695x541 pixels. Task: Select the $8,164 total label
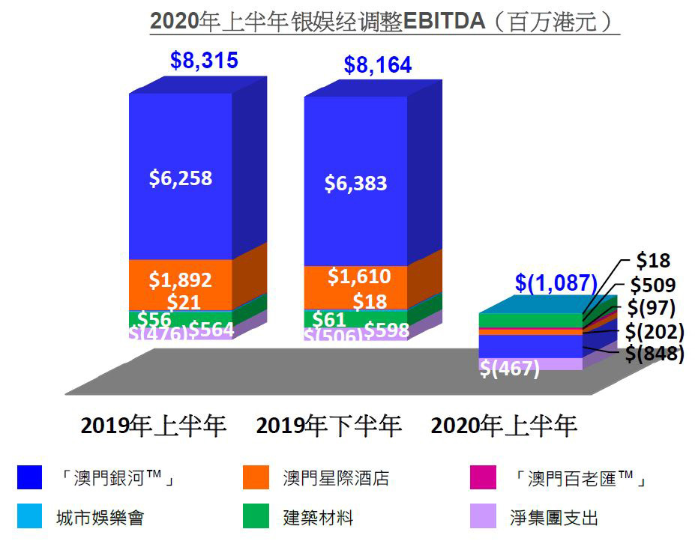click(x=378, y=66)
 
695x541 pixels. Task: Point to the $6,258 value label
click(x=180, y=178)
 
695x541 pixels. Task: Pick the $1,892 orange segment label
click(x=180, y=280)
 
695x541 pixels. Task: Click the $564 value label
click(x=211, y=329)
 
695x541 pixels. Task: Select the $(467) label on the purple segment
click(x=510, y=369)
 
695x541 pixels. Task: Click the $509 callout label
click(x=654, y=285)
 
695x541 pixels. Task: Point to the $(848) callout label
click(x=655, y=354)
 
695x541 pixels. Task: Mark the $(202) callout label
click(x=655, y=331)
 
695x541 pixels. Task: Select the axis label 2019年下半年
click(x=329, y=426)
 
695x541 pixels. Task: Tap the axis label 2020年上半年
click(x=504, y=426)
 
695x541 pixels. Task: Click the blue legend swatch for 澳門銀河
click(x=29, y=478)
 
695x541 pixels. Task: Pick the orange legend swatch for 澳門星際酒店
click(x=255, y=478)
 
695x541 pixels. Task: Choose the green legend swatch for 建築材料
click(x=255, y=517)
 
